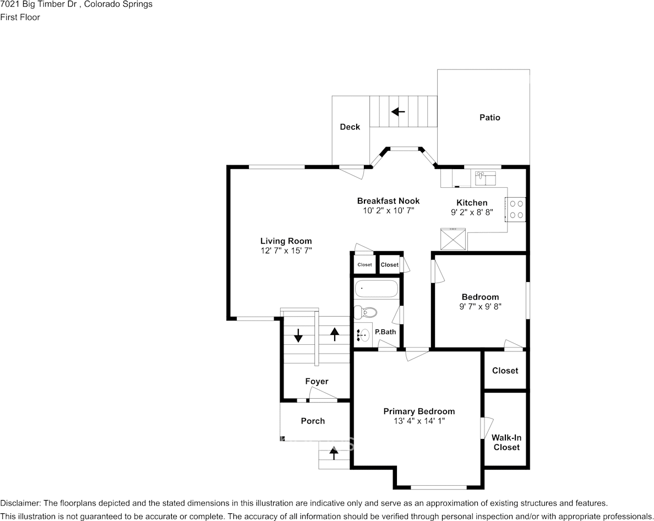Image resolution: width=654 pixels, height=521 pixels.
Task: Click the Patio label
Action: [x=489, y=118]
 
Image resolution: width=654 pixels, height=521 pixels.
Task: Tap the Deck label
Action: [x=350, y=127]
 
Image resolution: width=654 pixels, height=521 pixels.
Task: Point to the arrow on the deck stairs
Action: [x=399, y=112]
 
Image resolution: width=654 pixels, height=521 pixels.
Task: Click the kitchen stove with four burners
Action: [x=516, y=209]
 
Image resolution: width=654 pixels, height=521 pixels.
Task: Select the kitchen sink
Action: [x=485, y=178]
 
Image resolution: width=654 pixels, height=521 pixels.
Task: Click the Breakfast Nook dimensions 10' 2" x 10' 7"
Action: [x=388, y=210]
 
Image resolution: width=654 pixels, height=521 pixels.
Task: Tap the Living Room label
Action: [x=286, y=241]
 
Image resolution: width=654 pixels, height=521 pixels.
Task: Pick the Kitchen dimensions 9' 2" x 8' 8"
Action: [x=472, y=212]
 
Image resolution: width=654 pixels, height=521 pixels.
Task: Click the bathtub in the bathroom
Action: [x=376, y=289]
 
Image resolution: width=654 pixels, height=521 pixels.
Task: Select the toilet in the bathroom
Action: [x=366, y=312]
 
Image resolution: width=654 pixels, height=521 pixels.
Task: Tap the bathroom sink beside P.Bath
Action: [x=363, y=334]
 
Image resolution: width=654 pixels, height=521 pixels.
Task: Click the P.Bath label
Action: [x=385, y=332]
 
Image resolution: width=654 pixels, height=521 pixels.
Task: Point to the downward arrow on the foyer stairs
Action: [x=298, y=335]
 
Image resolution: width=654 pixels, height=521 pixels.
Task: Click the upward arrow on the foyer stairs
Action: [x=335, y=334]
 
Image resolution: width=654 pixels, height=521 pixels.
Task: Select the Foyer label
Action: [x=317, y=381]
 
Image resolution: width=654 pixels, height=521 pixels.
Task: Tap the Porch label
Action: [x=313, y=421]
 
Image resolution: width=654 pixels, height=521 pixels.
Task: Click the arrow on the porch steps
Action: [x=334, y=453]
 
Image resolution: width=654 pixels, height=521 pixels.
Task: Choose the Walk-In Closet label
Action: [x=506, y=442]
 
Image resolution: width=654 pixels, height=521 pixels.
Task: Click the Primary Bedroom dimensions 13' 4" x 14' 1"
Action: [x=419, y=421]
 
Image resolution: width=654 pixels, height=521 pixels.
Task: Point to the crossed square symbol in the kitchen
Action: [x=454, y=240]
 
